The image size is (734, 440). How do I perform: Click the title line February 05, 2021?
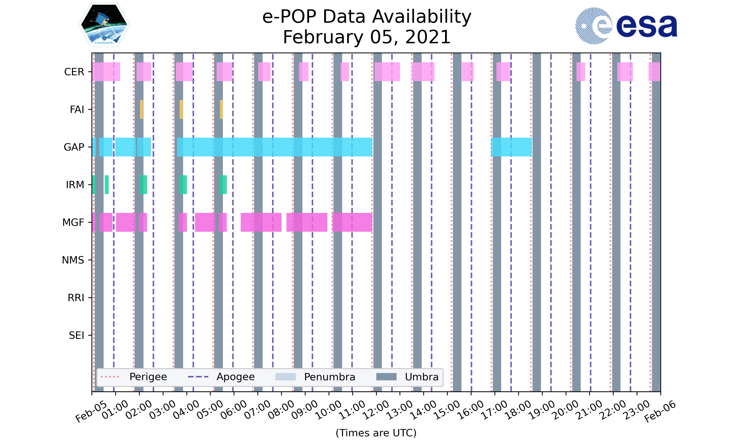(x=367, y=37)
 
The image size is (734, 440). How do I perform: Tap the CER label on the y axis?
(x=74, y=72)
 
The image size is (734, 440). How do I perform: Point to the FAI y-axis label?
(x=77, y=110)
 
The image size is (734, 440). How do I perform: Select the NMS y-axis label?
(x=73, y=260)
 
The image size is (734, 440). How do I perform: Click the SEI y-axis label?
(x=77, y=335)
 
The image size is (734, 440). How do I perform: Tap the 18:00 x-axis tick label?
(x=518, y=410)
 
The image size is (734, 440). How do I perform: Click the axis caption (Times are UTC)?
(x=376, y=433)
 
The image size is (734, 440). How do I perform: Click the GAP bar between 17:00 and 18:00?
(x=511, y=147)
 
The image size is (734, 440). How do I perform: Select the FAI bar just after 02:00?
(x=141, y=110)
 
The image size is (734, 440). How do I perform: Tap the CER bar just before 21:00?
(x=581, y=72)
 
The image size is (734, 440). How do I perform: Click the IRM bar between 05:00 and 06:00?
(x=223, y=185)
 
